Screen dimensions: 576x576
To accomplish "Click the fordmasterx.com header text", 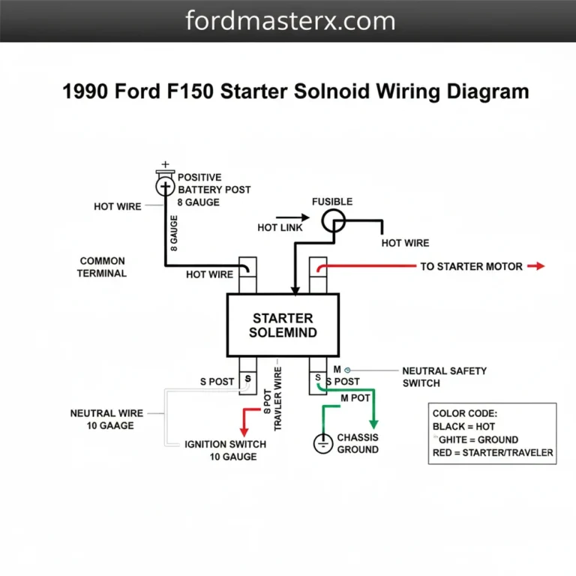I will click(x=289, y=20).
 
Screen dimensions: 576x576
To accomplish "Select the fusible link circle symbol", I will click(x=333, y=220).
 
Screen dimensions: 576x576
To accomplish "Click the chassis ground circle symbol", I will click(x=322, y=443).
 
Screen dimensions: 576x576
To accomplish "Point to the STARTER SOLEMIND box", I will click(x=283, y=325).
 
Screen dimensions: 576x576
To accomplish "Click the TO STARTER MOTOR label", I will click(x=471, y=266).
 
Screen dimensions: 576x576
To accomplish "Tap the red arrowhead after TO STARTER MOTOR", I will click(x=537, y=266).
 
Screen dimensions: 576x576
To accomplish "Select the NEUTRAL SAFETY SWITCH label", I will click(x=444, y=376).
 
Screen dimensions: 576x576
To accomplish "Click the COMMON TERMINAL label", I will click(x=103, y=267).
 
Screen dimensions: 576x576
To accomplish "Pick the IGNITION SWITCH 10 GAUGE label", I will click(x=225, y=450).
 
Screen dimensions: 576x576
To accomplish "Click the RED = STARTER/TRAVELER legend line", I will click(x=493, y=452).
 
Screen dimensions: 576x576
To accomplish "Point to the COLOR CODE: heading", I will click(x=465, y=413).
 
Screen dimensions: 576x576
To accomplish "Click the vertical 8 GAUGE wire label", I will click(x=174, y=232).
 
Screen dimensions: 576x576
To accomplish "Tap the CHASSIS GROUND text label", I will click(x=358, y=443).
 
